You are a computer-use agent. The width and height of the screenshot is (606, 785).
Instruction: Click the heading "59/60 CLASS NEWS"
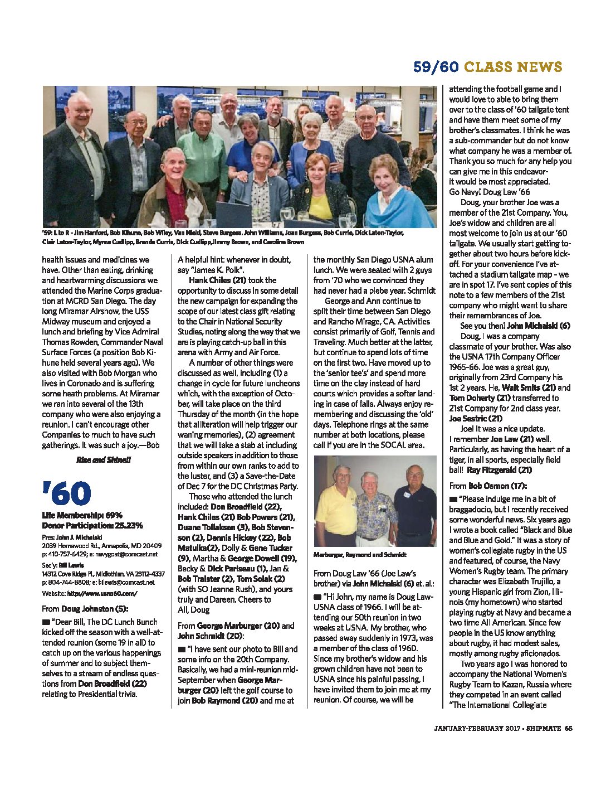pyautogui.click(x=487, y=67)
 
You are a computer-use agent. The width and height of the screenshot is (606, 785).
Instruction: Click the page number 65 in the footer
pyautogui.click(x=568, y=728)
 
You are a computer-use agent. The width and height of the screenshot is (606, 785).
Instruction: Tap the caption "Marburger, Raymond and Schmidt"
pyautogui.click(x=360, y=555)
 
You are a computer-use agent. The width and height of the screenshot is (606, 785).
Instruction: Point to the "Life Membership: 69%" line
pyautogui.click(x=82, y=515)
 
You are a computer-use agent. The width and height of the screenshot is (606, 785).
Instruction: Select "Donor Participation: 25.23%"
pyautogui.click(x=92, y=525)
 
